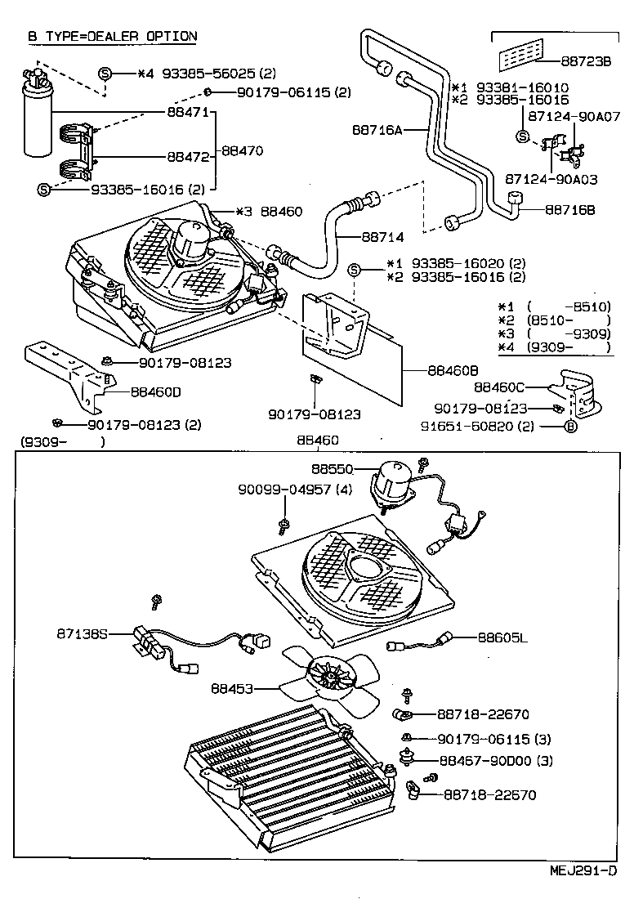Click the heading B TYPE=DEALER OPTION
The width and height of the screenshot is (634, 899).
(x=112, y=36)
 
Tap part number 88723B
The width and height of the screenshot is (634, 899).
(x=586, y=60)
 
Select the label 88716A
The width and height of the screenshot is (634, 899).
(x=376, y=128)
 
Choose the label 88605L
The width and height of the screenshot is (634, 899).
(x=502, y=637)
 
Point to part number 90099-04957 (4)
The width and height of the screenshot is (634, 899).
(x=295, y=490)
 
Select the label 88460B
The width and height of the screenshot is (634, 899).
(x=452, y=369)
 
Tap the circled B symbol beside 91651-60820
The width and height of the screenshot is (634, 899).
(x=571, y=426)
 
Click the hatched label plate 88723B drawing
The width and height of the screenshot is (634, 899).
(x=520, y=58)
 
